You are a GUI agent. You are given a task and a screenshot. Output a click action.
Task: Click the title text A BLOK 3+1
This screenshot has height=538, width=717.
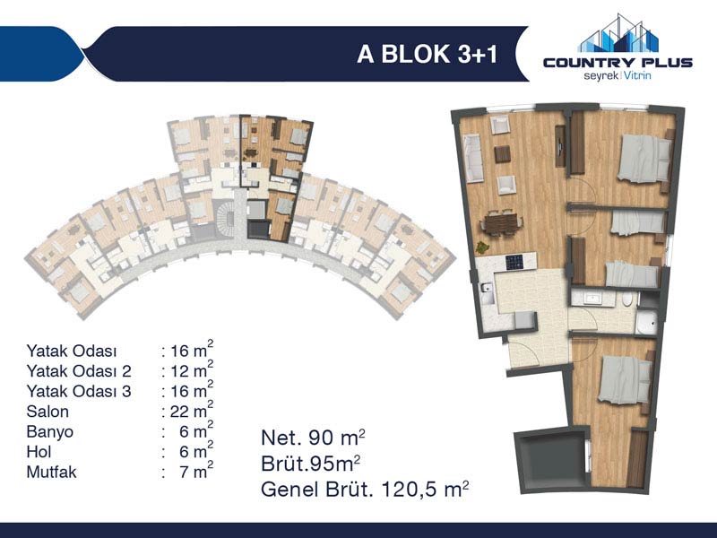[x=428, y=54]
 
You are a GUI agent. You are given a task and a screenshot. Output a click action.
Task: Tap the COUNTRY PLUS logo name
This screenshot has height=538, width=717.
[x=618, y=62]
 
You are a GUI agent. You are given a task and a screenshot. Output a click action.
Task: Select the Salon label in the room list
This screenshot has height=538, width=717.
[x=48, y=412]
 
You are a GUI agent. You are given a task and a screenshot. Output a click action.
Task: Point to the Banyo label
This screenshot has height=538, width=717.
[x=50, y=432]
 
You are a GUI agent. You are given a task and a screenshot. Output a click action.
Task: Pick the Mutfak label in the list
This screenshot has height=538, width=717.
[x=52, y=472]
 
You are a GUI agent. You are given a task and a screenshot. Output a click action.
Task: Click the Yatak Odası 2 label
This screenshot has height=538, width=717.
[x=79, y=371]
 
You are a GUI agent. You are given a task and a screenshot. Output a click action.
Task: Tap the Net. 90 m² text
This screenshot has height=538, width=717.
[x=313, y=438]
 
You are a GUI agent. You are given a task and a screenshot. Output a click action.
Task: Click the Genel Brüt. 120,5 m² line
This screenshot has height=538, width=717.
[x=365, y=489]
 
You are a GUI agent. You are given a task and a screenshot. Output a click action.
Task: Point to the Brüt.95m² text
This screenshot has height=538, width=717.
[x=310, y=464]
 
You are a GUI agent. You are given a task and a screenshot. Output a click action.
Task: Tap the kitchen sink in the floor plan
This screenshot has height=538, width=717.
[x=487, y=288]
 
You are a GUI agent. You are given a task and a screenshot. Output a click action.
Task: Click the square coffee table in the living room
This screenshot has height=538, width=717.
[x=502, y=153]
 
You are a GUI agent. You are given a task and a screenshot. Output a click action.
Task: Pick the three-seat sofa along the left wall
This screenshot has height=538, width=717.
[x=473, y=158]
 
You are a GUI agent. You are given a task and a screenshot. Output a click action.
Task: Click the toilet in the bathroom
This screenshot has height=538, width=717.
[x=627, y=299]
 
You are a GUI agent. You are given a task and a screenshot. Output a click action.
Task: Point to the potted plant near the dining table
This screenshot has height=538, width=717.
[x=482, y=247]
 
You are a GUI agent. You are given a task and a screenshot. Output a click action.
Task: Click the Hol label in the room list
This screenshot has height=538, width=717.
[x=39, y=452]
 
